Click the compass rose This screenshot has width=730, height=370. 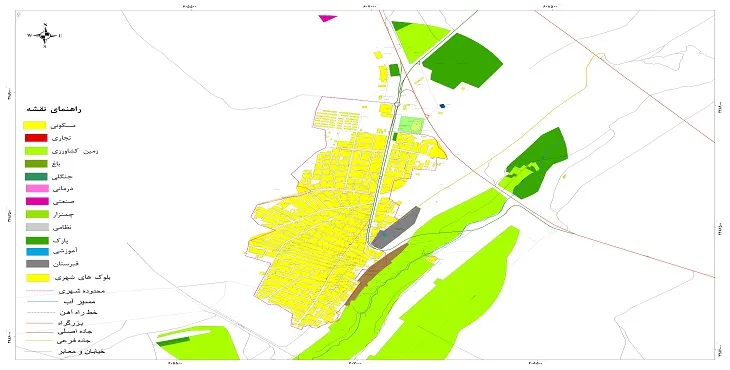coord(45,36)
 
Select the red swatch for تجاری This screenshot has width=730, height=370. coord(36,137)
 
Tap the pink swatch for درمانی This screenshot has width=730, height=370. coord(36,188)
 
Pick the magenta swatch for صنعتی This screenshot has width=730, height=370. coord(36,201)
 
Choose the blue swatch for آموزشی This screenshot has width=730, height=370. coord(36,252)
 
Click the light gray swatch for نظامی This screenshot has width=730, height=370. coord(36,227)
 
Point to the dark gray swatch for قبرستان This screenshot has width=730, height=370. coord(36,264)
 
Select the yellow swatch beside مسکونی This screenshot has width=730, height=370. coord(36,124)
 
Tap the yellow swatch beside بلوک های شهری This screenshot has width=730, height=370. coord(36,278)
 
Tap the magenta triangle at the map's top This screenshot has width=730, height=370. coord(326,18)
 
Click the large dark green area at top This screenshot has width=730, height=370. coord(462,60)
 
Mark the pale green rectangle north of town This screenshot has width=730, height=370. coord(411,125)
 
